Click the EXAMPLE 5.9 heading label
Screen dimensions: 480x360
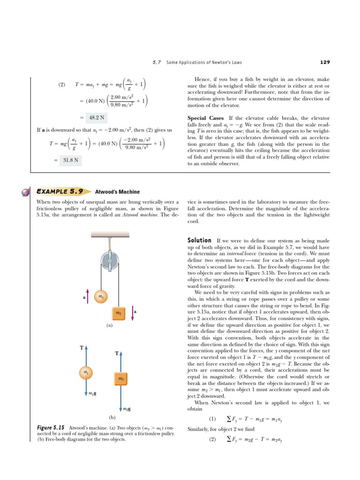(60, 192)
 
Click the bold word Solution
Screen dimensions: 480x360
(199, 240)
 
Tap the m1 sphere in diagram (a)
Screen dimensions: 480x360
(100, 297)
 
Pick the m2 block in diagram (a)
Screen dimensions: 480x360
(119, 313)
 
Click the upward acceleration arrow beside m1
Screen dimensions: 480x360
(88, 297)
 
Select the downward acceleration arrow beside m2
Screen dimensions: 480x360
(133, 313)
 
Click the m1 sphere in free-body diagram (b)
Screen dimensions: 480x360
(86, 372)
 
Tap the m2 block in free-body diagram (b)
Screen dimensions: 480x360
(121, 378)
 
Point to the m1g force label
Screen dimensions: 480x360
(93, 393)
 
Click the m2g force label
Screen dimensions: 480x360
(127, 409)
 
